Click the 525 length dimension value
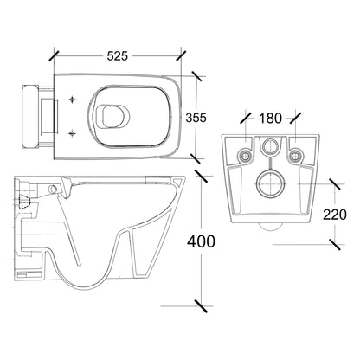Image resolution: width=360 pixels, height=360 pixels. [x=117, y=56]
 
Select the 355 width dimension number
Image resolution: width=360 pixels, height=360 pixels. [x=196, y=118]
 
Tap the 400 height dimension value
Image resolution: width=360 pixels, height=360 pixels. [x=201, y=241]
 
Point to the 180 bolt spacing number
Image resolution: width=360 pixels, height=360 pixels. [x=270, y=119]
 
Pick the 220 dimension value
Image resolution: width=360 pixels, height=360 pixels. [x=335, y=215]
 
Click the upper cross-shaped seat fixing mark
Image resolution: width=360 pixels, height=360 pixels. [x=72, y=100]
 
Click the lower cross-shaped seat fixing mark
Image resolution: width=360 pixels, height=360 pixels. [x=72, y=133]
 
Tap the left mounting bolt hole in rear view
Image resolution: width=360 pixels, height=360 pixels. [x=245, y=156]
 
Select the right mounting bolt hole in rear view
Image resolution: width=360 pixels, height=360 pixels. [x=295, y=156]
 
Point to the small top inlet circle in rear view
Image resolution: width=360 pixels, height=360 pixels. [x=270, y=145]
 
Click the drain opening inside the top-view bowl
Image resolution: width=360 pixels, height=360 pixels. [x=112, y=116]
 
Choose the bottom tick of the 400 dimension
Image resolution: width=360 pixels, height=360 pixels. [x=201, y=306]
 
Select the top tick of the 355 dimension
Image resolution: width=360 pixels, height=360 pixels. [x=196, y=76]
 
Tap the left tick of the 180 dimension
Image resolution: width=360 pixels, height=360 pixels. [x=245, y=119]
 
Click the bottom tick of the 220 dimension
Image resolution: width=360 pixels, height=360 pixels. [x=335, y=245]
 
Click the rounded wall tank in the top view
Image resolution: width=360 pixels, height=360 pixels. [x=29, y=116]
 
